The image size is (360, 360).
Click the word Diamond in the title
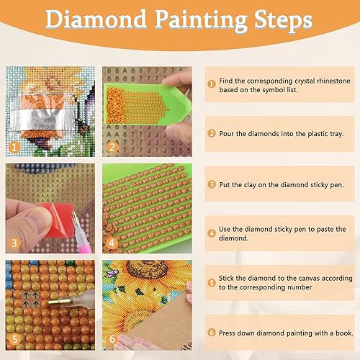[x=96, y=19]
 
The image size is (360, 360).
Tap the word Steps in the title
[x=283, y=21]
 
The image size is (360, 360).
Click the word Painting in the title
[x=201, y=21]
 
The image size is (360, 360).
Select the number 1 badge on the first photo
[x=14, y=147]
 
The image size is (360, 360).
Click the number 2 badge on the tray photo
[x=112, y=147]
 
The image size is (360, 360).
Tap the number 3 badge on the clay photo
[x=14, y=243]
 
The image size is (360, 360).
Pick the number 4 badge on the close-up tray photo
[x=112, y=243]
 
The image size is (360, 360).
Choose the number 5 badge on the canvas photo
[x=14, y=339]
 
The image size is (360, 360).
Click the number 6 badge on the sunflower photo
[x=112, y=339]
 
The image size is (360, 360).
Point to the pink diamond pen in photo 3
[x=81, y=235]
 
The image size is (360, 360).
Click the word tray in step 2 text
[x=337, y=134]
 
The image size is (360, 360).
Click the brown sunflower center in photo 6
[x=146, y=269]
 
